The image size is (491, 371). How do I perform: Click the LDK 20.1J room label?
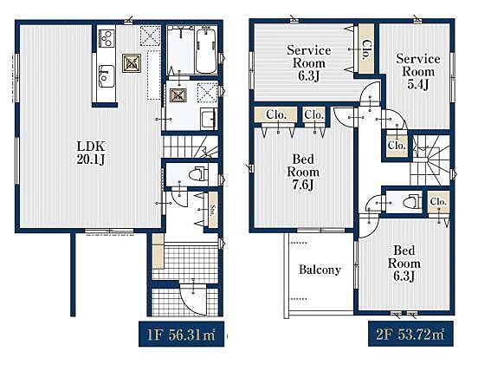[x=91, y=153]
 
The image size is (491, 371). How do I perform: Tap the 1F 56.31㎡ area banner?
[x=181, y=334]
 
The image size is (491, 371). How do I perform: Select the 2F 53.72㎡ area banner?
[x=410, y=334]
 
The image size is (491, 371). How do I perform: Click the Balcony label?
[x=320, y=270]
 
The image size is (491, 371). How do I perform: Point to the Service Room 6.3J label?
[x=309, y=63]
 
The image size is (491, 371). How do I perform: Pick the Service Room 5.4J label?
[x=418, y=71]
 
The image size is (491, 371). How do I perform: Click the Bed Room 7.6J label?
[x=303, y=172]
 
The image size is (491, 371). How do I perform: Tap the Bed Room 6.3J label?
[x=404, y=264]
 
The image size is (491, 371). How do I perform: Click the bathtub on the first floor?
[x=206, y=49]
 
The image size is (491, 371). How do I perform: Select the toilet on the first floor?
[x=198, y=174]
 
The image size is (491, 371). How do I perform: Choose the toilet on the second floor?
[x=412, y=201]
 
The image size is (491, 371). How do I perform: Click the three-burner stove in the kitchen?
[x=107, y=38]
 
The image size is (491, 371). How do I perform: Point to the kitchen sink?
[x=107, y=76]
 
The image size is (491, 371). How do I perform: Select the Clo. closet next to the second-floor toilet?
[x=438, y=203]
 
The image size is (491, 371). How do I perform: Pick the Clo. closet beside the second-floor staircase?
[x=397, y=146]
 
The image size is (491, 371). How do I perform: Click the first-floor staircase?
[x=191, y=146]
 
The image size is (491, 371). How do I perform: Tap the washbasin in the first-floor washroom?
[x=208, y=118]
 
